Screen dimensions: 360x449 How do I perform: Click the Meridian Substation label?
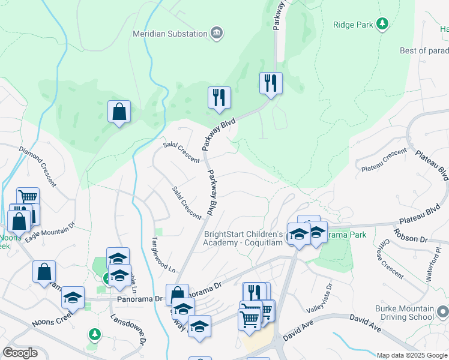(170, 33)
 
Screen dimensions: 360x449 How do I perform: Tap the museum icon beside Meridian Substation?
(217, 32)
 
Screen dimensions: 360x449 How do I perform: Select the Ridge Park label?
(353, 25)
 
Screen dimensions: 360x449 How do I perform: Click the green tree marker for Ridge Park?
(382, 25)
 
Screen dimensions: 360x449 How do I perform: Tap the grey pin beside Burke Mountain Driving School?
(443, 313)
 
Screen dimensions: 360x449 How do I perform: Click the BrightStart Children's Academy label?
(243, 238)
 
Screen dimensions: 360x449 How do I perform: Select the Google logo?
(20, 353)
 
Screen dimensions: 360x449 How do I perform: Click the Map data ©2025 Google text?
(412, 355)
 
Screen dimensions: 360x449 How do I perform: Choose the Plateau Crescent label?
(384, 161)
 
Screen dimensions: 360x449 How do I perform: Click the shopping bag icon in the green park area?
(119, 111)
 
